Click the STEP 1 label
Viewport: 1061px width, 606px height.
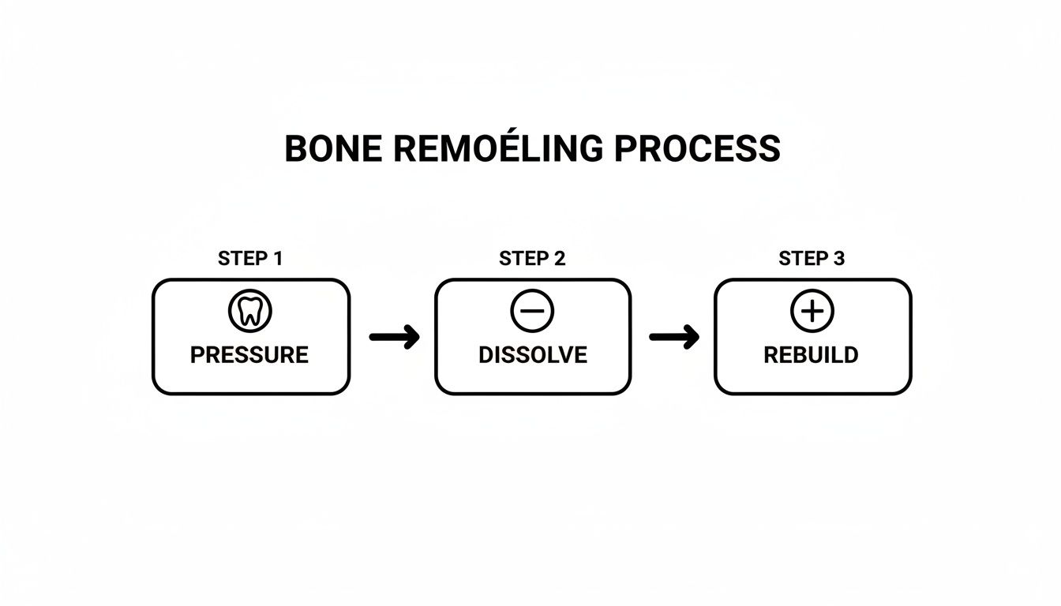[249, 259]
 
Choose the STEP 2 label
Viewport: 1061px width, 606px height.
[532, 259]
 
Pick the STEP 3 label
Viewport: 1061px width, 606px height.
[812, 259]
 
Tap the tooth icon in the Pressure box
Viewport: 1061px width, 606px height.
[250, 312]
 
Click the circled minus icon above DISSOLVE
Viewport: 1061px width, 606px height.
[532, 312]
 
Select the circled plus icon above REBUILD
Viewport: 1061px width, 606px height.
[812, 312]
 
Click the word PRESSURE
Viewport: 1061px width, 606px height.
[249, 355]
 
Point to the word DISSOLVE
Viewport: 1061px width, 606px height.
[533, 355]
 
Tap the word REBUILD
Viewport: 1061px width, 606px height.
[811, 355]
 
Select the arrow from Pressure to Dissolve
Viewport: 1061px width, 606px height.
[394, 337]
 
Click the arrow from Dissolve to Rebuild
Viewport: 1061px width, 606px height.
[673, 337]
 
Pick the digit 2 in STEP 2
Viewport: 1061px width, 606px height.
[559, 259]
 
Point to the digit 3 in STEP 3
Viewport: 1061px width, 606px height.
[838, 259]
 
